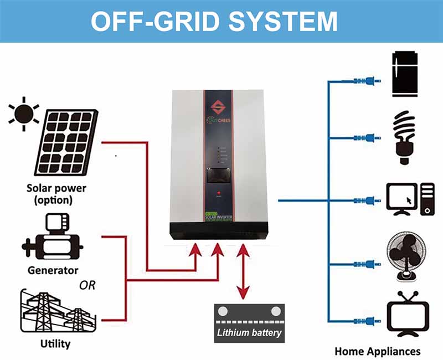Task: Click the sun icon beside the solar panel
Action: pos(24,114)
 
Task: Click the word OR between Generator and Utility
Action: pos(87,286)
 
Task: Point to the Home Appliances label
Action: pos(378,351)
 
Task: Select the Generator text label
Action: pos(53,271)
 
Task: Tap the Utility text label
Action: pos(55,344)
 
